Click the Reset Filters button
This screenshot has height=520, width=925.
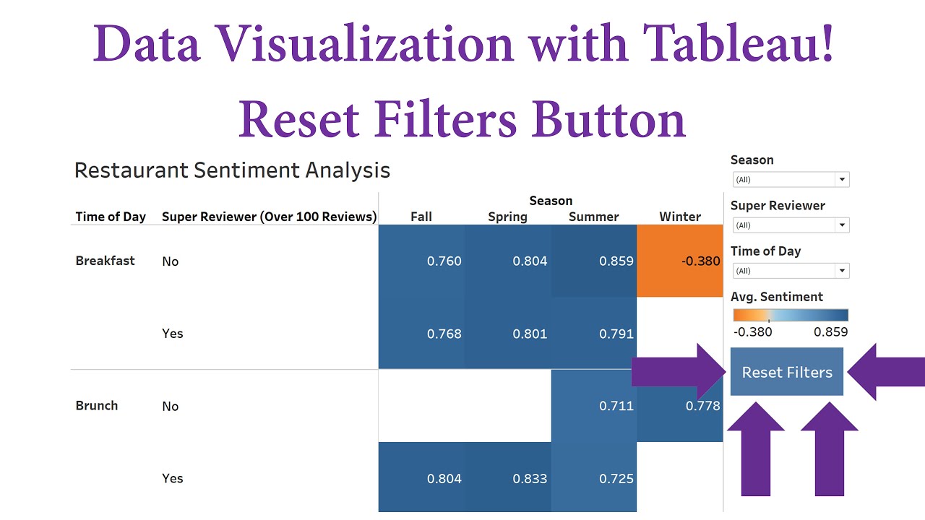click(x=786, y=372)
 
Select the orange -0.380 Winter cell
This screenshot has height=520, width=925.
click(x=679, y=261)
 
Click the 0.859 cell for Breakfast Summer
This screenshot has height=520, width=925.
click(x=593, y=261)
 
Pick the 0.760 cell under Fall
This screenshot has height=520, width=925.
click(x=421, y=261)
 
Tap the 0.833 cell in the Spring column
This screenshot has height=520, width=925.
click(x=507, y=477)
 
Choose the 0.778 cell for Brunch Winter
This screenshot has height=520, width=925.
click(x=679, y=405)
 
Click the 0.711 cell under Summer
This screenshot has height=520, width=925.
click(x=593, y=405)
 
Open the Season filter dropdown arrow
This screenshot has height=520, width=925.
click(x=842, y=180)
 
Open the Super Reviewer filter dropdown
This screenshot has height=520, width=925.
click(x=842, y=225)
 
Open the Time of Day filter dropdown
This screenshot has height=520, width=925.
click(x=842, y=271)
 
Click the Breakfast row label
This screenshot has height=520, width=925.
click(x=105, y=261)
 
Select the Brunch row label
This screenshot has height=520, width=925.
click(x=96, y=405)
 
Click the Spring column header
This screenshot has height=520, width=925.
click(x=507, y=217)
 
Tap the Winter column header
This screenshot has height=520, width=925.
click(x=679, y=217)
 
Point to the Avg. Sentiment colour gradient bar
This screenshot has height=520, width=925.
click(x=790, y=315)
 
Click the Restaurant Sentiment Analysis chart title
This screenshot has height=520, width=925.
click(x=232, y=170)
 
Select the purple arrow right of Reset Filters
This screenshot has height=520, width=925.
click(x=885, y=372)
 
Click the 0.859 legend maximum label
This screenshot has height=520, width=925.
click(x=830, y=332)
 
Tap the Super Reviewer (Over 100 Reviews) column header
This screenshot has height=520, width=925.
click(x=269, y=217)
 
